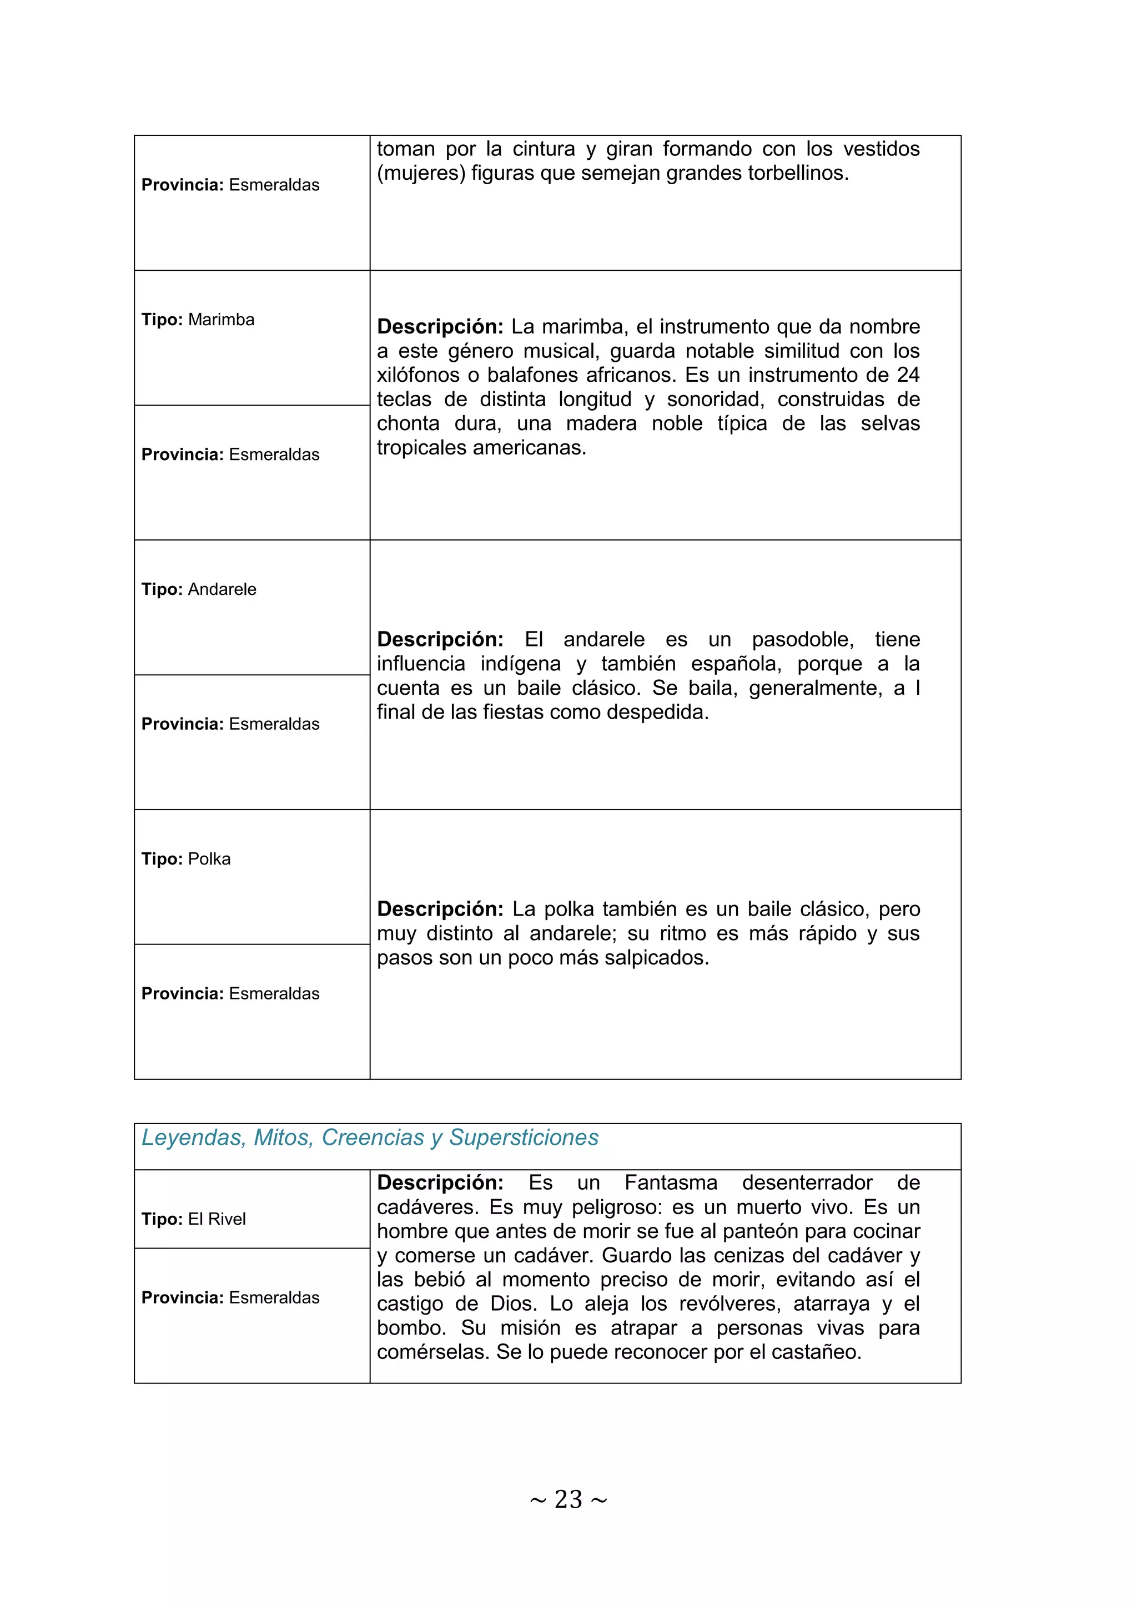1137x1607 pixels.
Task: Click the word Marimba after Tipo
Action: click(222, 320)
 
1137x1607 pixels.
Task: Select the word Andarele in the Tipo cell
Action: click(222, 589)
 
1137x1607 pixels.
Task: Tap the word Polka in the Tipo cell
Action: click(209, 859)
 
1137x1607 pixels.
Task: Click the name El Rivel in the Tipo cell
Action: click(217, 1219)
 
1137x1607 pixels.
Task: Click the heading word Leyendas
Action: click(193, 1138)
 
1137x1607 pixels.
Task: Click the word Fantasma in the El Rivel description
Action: click(671, 1183)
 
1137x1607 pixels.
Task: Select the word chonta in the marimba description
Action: click(408, 423)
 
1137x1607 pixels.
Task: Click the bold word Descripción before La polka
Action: click(440, 909)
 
